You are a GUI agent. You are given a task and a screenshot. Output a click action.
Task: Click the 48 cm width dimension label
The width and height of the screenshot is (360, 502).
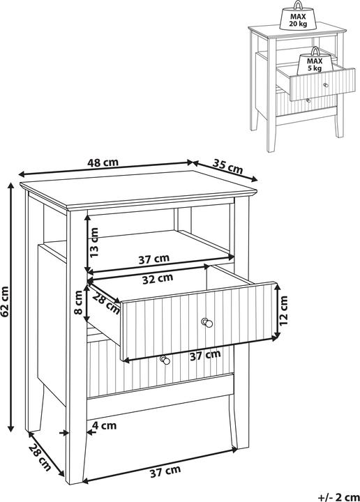[x=103, y=162]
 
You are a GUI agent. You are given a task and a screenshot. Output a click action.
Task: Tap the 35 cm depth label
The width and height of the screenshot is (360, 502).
[x=227, y=167]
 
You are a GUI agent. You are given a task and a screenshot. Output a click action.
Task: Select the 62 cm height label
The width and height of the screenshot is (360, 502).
[x=5, y=302]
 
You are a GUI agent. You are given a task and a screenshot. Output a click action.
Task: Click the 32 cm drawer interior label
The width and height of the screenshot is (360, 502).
[x=158, y=278]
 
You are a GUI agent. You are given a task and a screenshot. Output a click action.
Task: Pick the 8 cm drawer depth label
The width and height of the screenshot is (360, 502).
[x=78, y=303]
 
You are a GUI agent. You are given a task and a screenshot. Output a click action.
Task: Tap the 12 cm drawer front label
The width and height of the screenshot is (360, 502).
[x=283, y=310]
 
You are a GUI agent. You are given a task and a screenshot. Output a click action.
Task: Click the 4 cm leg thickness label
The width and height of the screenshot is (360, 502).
[x=104, y=425]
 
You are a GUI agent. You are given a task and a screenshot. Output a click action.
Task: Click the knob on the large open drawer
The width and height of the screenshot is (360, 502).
[x=207, y=322]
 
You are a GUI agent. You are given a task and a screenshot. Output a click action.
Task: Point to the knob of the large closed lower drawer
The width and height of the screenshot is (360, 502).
[x=165, y=360]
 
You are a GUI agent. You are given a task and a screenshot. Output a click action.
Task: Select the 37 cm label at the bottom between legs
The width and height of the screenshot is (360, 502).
[x=165, y=471]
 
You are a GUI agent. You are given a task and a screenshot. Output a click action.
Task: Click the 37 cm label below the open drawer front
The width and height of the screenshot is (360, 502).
[x=205, y=355]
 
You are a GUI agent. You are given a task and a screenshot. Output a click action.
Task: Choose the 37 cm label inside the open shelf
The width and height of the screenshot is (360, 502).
[x=153, y=259]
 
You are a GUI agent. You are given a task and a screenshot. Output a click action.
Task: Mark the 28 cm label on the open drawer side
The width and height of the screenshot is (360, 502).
[x=107, y=303]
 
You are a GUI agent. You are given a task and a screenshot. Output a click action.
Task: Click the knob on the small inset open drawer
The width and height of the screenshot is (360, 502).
[x=326, y=85]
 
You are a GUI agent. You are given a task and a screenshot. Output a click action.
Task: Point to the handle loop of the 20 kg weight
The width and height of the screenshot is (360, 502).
[x=298, y=5]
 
